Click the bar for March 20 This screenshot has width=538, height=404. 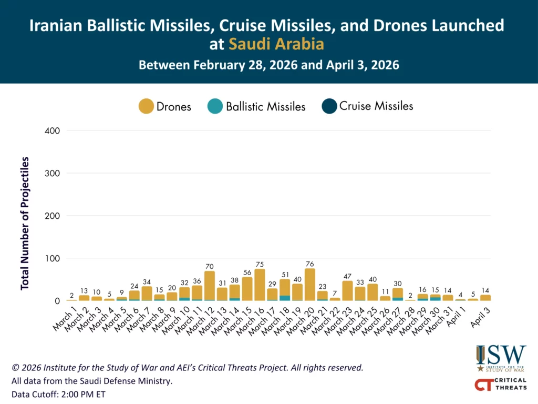pyautogui.click(x=309, y=285)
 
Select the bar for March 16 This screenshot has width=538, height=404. pyautogui.click(x=260, y=285)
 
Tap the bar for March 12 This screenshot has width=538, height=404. pyautogui.click(x=210, y=286)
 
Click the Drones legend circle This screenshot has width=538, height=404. pyautogui.click(x=146, y=106)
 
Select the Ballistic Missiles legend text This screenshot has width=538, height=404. pyautogui.click(x=265, y=107)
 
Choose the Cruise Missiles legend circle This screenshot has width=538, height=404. pyautogui.click(x=329, y=106)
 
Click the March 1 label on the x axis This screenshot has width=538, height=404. pyautogui.click(x=64, y=318)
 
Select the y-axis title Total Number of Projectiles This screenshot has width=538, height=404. pyautogui.click(x=25, y=223)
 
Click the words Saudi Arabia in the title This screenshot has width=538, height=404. pyautogui.click(x=276, y=45)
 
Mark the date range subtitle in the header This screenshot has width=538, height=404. pyautogui.click(x=268, y=66)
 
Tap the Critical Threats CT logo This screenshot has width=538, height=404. pyautogui.click(x=500, y=385)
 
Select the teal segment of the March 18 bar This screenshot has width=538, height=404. pyautogui.click(x=285, y=298)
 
